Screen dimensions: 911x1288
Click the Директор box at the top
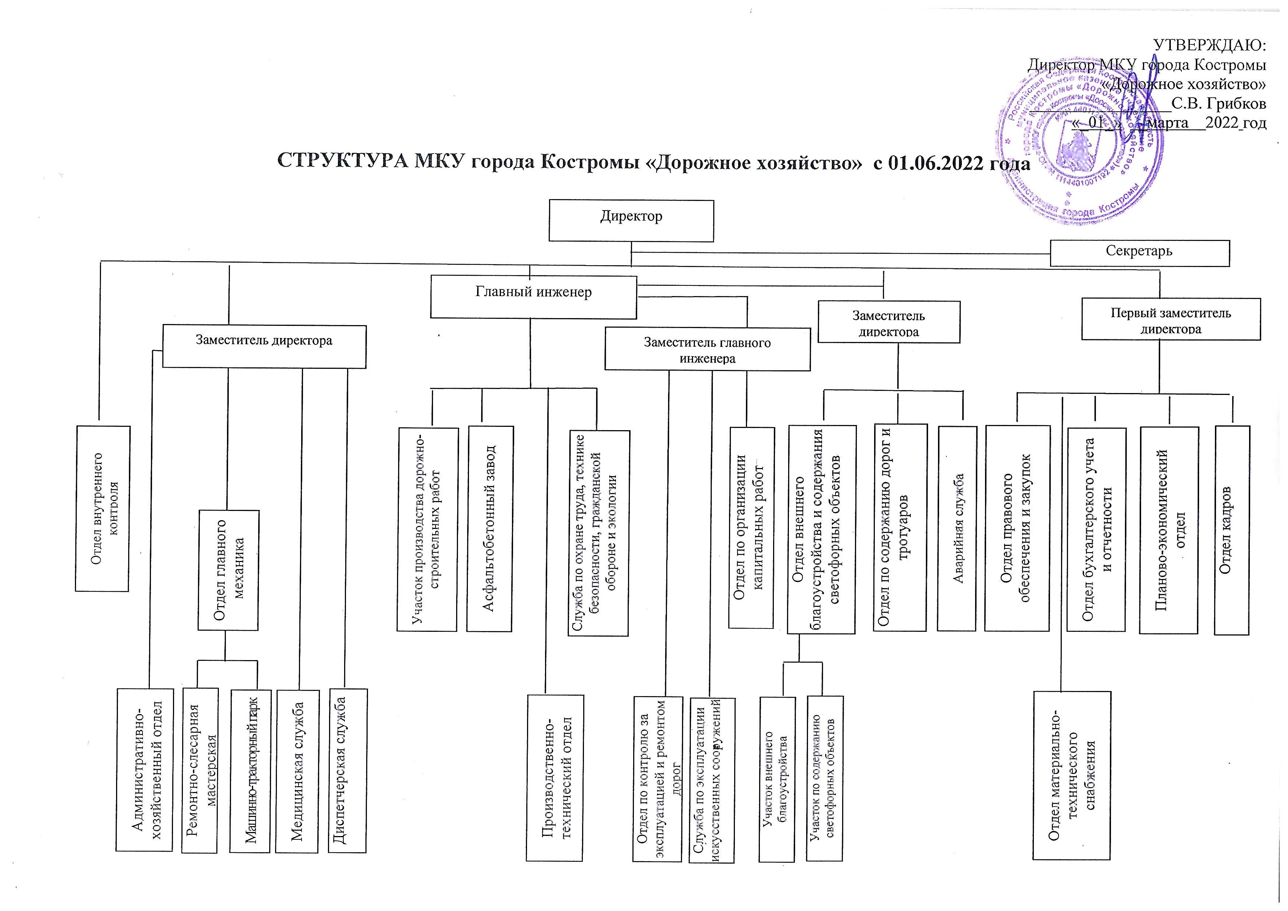coord(631,220)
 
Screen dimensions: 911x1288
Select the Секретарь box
coord(1139,253)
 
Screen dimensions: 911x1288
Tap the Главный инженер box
coord(534,297)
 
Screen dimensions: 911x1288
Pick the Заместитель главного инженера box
coord(707,349)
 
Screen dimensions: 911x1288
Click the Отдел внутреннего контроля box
coord(103,508)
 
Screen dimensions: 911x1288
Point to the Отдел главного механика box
coord(228,570)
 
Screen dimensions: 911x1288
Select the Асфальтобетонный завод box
coord(489,529)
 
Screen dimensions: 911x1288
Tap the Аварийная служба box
coord(957,528)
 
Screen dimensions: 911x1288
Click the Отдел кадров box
coord(1232,530)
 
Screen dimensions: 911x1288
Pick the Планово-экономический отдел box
coord(1169,530)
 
